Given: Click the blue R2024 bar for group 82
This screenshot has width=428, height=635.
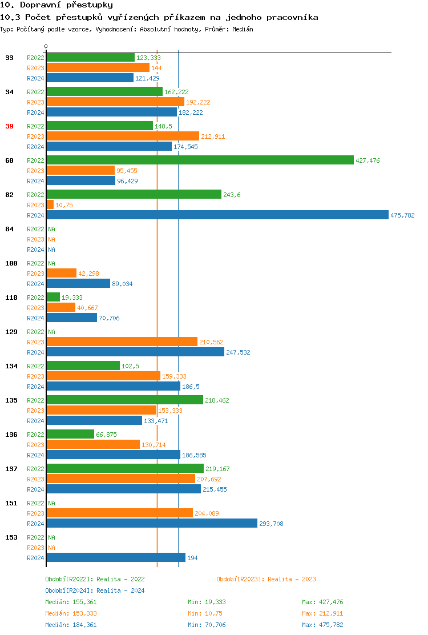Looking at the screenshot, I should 217,215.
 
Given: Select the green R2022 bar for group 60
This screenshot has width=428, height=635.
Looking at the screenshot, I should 200,160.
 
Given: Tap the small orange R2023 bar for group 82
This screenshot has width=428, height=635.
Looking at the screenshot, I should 50,204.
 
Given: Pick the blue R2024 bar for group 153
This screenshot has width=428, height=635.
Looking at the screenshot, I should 116,557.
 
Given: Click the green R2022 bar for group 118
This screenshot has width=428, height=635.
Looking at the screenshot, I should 53,297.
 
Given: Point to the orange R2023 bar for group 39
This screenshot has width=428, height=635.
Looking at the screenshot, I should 123,136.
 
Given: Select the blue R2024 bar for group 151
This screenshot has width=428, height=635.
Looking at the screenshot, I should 152,523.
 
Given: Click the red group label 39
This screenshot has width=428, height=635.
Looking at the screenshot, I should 9,126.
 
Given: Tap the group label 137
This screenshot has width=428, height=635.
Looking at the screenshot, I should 11,469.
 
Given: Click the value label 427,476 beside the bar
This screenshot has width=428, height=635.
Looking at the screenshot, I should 368,160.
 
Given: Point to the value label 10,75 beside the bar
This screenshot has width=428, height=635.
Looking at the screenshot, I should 64,205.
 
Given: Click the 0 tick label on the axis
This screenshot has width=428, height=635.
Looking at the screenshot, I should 46,46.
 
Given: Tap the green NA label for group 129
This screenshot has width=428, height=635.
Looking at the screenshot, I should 51,332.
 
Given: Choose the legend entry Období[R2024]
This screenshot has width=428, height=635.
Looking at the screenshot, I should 69,590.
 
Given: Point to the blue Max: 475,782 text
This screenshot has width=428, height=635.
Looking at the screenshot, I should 322,625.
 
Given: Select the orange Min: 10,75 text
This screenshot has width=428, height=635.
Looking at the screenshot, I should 205,613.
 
